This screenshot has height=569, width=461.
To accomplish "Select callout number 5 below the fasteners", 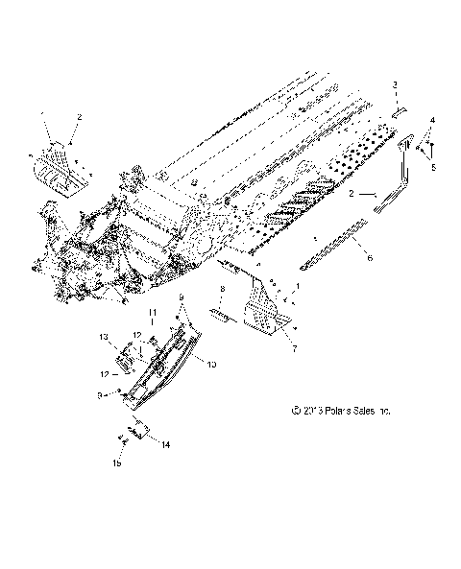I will click(432, 167).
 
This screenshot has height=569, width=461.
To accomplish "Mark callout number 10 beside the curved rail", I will click(211, 365).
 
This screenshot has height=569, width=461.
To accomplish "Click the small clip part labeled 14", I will click(136, 433).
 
